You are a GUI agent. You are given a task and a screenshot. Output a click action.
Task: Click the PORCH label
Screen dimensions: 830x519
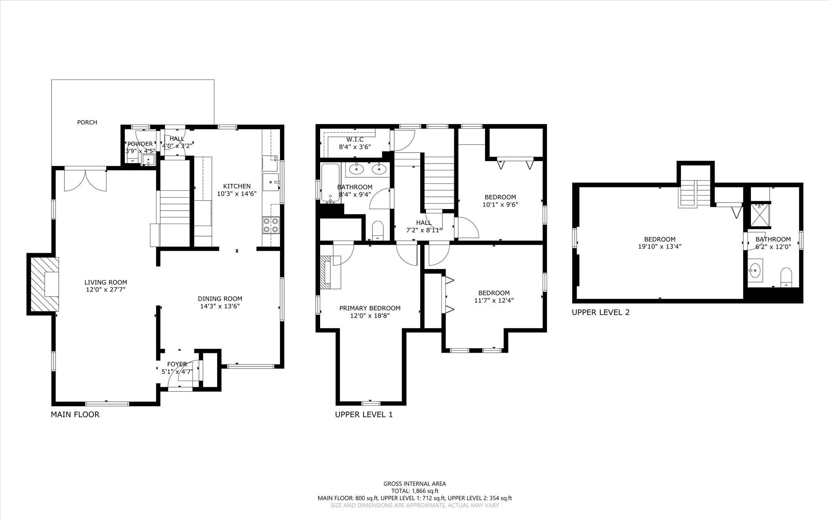point(87,122)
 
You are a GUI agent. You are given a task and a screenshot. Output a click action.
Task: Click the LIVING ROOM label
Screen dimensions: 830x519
point(106,282)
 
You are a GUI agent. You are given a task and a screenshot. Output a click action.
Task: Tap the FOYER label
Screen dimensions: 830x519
point(177,364)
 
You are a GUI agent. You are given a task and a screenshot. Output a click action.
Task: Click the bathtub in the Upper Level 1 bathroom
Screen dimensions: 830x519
point(331,183)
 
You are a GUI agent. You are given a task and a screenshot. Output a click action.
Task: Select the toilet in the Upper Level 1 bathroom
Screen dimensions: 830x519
point(378,230)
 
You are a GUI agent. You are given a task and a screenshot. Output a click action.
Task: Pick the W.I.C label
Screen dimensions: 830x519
point(355,140)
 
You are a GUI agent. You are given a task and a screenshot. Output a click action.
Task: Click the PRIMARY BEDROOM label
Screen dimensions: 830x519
point(370,308)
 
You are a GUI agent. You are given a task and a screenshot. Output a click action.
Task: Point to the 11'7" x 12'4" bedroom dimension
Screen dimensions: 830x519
point(494,300)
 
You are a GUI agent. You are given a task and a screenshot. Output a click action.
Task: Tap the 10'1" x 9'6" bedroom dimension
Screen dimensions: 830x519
point(501,205)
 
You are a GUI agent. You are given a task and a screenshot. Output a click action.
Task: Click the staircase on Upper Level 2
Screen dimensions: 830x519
point(695,193)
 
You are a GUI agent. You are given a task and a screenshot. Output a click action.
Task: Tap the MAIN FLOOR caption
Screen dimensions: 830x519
point(75,415)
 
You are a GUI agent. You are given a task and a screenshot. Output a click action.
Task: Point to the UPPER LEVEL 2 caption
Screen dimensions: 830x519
point(601,312)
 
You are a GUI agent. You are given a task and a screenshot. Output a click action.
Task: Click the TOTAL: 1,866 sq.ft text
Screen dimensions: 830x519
point(415,491)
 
